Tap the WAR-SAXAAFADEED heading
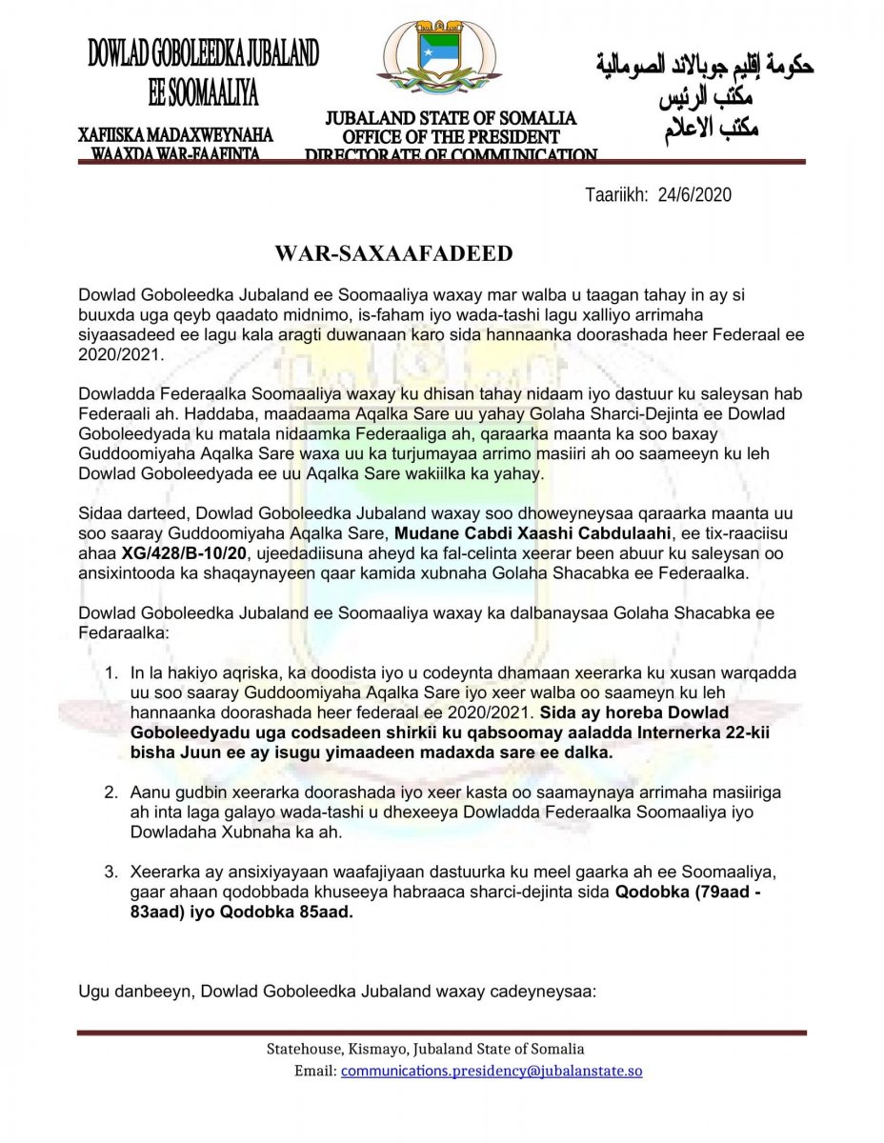[393, 253]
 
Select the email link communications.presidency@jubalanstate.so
[492, 1071]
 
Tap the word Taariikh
[615, 194]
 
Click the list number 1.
[111, 673]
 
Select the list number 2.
[111, 792]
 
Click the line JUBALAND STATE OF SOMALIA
[451, 119]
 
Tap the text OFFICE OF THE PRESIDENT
[451, 137]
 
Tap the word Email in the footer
[315, 1071]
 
